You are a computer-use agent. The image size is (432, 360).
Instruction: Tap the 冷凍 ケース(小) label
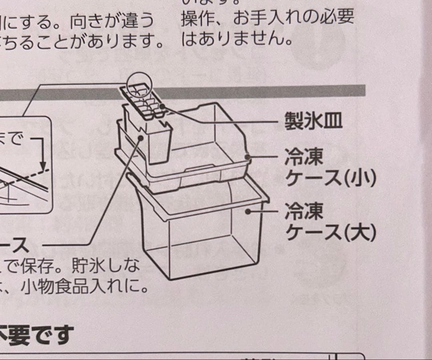coord(330,168)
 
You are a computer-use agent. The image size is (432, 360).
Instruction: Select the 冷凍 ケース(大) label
coord(330,222)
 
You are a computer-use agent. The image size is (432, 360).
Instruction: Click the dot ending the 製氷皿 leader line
coord(163,106)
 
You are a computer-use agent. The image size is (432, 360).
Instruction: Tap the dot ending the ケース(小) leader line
coord(248,157)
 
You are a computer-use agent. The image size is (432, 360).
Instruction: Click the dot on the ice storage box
coord(141,138)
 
